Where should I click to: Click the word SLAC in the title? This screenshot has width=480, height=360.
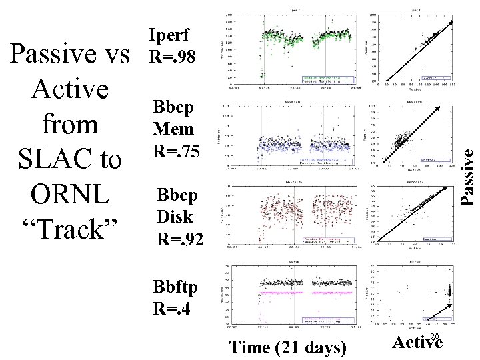(46, 159)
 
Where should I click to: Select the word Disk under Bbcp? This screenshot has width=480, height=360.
(175, 217)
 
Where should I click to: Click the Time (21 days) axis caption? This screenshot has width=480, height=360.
(287, 347)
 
